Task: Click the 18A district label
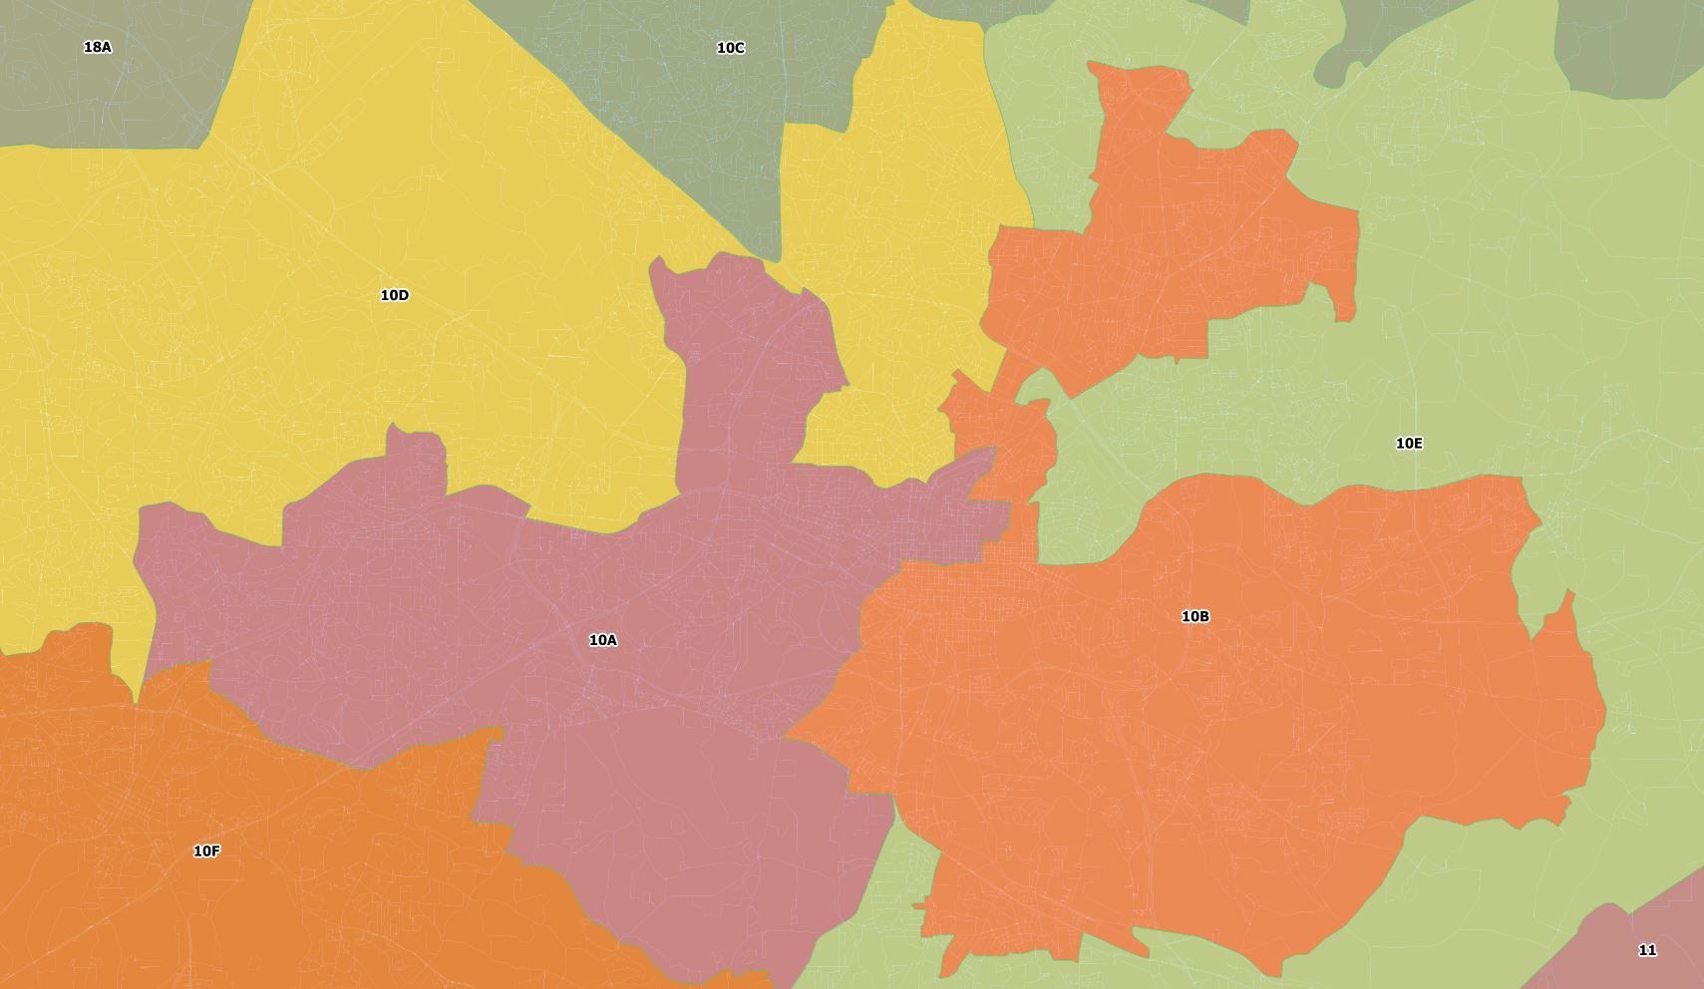point(98,47)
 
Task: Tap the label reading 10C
point(730,48)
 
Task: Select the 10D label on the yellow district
point(395,295)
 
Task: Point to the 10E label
point(1408,444)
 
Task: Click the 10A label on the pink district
point(603,640)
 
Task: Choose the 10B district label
point(1194,616)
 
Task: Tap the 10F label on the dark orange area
point(206,851)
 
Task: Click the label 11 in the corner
point(1647,950)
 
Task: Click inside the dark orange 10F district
point(249,897)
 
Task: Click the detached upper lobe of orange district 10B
point(1177,249)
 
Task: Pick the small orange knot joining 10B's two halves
point(1002,439)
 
